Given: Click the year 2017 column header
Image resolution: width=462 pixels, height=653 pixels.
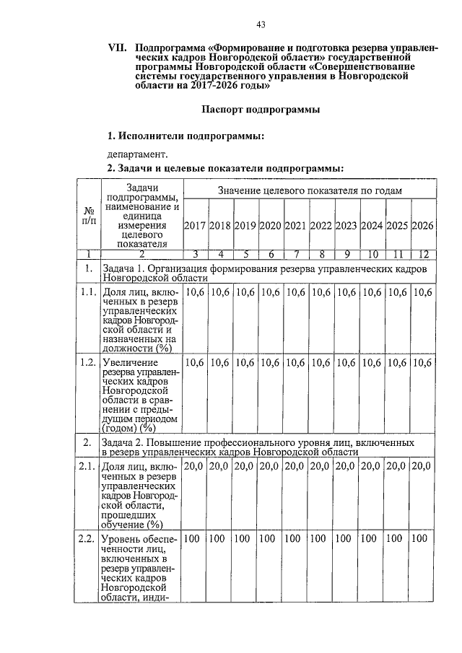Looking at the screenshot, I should point(195,225).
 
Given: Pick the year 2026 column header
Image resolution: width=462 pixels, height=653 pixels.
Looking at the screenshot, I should point(422,225).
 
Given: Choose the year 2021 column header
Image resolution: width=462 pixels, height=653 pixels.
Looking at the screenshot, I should point(296,225).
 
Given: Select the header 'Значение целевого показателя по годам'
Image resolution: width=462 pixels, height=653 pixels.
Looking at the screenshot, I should point(310,190).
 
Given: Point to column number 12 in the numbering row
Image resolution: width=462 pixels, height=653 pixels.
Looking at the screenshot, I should point(422,253).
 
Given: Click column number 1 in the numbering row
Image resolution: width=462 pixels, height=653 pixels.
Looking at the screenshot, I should point(87,253).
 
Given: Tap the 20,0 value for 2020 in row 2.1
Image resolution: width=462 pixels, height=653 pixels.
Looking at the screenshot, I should point(271,467).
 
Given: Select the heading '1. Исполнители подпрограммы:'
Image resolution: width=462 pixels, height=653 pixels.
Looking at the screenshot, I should point(185,136).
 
